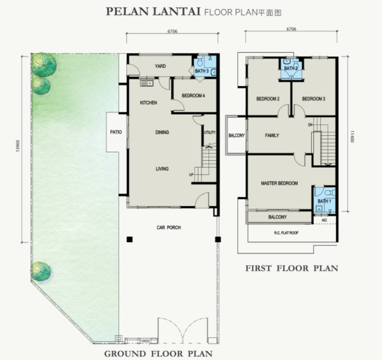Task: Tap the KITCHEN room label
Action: tap(149, 103)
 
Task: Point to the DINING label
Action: tap(163, 132)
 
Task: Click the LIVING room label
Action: tap(162, 169)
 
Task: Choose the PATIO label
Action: tap(116, 130)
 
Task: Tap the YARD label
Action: tap(160, 67)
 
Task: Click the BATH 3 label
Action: tap(202, 71)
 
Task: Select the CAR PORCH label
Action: tap(169, 227)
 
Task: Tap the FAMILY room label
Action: tap(272, 135)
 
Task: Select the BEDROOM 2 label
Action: tap(267, 99)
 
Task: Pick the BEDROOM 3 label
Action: tap(314, 99)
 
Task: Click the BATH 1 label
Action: tap(324, 201)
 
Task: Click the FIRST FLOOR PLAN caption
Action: tap(292, 267)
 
